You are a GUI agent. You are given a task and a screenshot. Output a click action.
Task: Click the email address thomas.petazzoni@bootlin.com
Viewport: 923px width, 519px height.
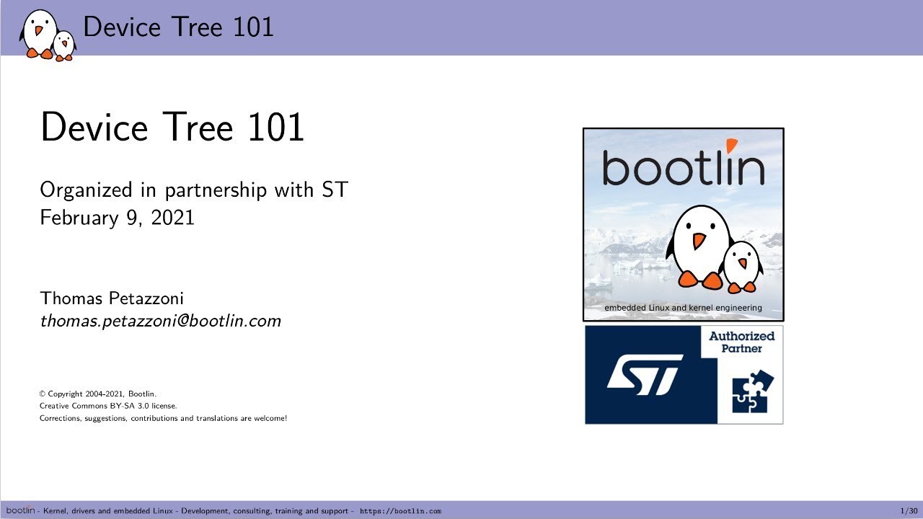pos(160,321)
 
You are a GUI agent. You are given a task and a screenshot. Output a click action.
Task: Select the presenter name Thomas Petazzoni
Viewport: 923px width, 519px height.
pos(112,298)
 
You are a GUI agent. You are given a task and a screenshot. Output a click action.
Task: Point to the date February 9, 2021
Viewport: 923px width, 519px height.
pos(117,218)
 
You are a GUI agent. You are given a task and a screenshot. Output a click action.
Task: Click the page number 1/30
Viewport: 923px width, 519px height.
pos(908,511)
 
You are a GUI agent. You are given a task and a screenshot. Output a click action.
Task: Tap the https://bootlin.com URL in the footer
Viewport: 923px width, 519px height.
pos(400,511)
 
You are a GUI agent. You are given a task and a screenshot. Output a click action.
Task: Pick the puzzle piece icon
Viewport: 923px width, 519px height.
pos(752,391)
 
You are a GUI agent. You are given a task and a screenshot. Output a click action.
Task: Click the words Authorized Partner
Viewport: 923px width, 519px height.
pos(741,342)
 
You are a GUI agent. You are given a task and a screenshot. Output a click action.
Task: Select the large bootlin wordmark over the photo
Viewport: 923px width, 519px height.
pos(682,167)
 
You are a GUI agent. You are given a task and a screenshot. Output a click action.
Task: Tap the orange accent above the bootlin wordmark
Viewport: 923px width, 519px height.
pos(732,146)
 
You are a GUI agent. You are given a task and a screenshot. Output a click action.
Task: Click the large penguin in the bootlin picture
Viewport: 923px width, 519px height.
pos(697,245)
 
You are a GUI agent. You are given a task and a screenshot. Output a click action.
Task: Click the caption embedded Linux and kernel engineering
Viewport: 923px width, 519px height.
pos(683,308)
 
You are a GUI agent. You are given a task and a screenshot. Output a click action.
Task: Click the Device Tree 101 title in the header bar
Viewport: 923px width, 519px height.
pos(178,27)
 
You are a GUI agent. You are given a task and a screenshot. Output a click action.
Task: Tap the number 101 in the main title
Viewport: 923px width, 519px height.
pos(276,128)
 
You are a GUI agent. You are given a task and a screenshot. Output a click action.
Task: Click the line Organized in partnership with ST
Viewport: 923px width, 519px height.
pos(194,190)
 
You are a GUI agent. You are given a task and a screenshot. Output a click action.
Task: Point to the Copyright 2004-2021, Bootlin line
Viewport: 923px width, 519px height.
pos(98,394)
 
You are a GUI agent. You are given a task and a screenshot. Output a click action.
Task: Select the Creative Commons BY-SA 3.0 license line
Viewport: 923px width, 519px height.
pos(108,406)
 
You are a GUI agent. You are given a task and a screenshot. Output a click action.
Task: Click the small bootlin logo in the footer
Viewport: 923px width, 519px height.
pos(20,510)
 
